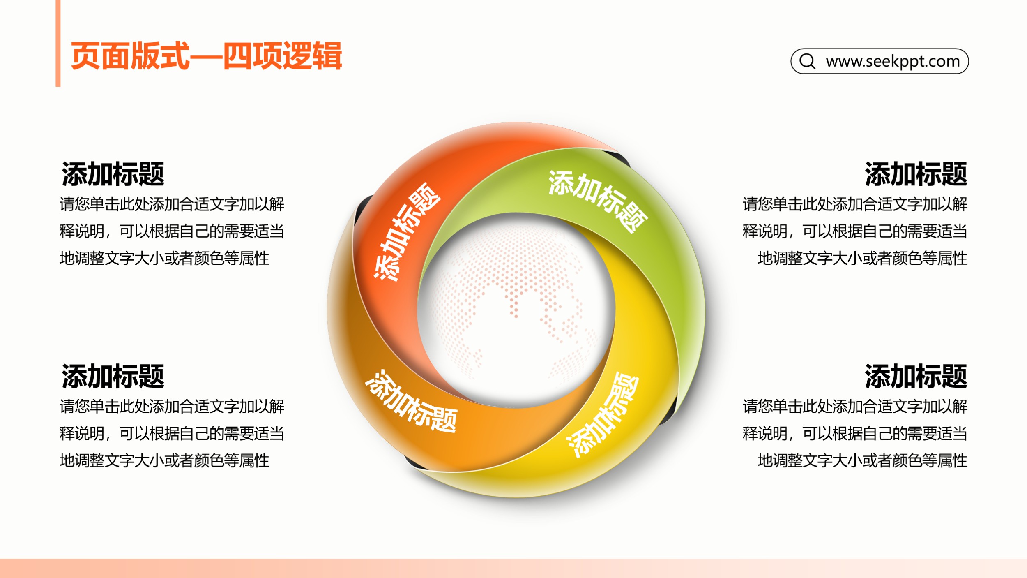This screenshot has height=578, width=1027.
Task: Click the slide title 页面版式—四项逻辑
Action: [x=206, y=56]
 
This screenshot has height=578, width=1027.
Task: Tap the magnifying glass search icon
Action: [x=807, y=61]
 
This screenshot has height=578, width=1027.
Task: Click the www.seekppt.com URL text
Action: [x=893, y=61]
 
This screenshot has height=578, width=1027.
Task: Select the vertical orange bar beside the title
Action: [x=58, y=43]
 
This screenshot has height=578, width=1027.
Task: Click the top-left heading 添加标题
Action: [x=113, y=174]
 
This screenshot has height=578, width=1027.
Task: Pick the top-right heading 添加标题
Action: [x=916, y=174]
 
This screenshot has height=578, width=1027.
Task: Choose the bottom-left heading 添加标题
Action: [x=113, y=376]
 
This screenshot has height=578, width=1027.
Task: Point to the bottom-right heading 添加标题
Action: [x=916, y=376]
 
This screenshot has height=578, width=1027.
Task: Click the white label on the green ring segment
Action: [x=598, y=201]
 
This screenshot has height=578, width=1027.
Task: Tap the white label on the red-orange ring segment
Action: [x=407, y=232]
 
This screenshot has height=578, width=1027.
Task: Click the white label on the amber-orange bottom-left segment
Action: [x=411, y=401]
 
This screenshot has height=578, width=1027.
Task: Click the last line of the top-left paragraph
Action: [x=164, y=259]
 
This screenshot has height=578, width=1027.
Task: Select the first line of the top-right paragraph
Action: [x=855, y=204]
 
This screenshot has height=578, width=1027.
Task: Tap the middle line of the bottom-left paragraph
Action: [x=172, y=433]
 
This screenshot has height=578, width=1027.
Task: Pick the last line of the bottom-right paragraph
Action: [x=862, y=460]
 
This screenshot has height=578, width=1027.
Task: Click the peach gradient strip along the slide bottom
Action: [x=513, y=568]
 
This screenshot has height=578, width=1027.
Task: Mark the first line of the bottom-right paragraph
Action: [x=855, y=406]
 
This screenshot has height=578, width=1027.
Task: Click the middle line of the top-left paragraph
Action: [x=172, y=231]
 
